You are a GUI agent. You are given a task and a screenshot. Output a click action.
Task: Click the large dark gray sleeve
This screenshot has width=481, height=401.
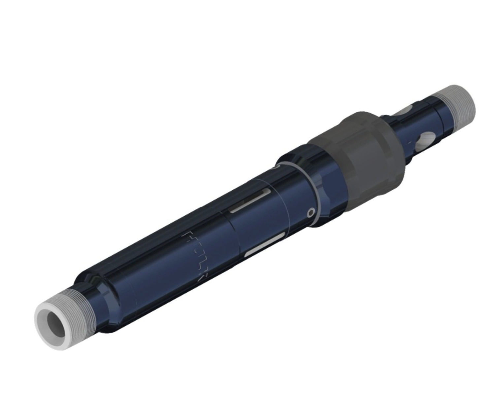pyautogui.click(x=360, y=159)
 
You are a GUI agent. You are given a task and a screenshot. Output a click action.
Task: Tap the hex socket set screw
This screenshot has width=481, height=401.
pyautogui.click(x=310, y=213)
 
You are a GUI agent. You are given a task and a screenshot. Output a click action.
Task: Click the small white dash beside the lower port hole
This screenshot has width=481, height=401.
pyautogui.click(x=409, y=143)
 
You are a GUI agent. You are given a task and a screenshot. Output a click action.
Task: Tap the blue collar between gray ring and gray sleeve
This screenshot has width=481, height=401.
pyautogui.click(x=330, y=185)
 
